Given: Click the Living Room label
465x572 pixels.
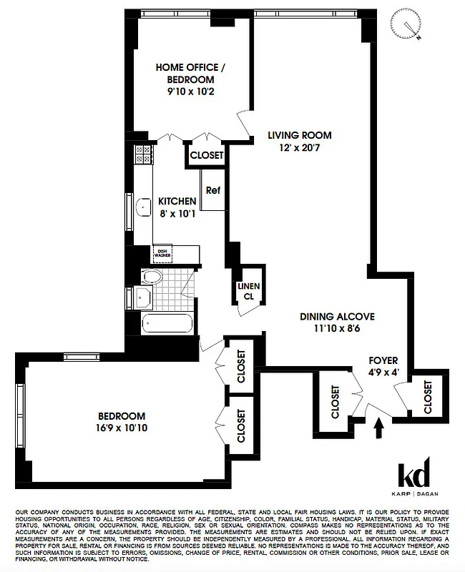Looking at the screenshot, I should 300,134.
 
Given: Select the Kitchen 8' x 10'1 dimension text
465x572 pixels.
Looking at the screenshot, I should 177,212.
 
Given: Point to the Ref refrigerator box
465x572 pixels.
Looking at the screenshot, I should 212,190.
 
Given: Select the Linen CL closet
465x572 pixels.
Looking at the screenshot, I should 250,291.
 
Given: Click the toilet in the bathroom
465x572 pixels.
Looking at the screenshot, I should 152,277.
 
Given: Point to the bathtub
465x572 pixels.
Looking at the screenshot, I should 165,326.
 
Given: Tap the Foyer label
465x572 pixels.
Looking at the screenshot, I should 383,360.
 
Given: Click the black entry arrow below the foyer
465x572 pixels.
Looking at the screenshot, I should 378,427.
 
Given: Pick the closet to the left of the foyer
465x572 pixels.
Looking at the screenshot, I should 336,402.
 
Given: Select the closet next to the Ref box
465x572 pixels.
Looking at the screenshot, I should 207,155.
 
